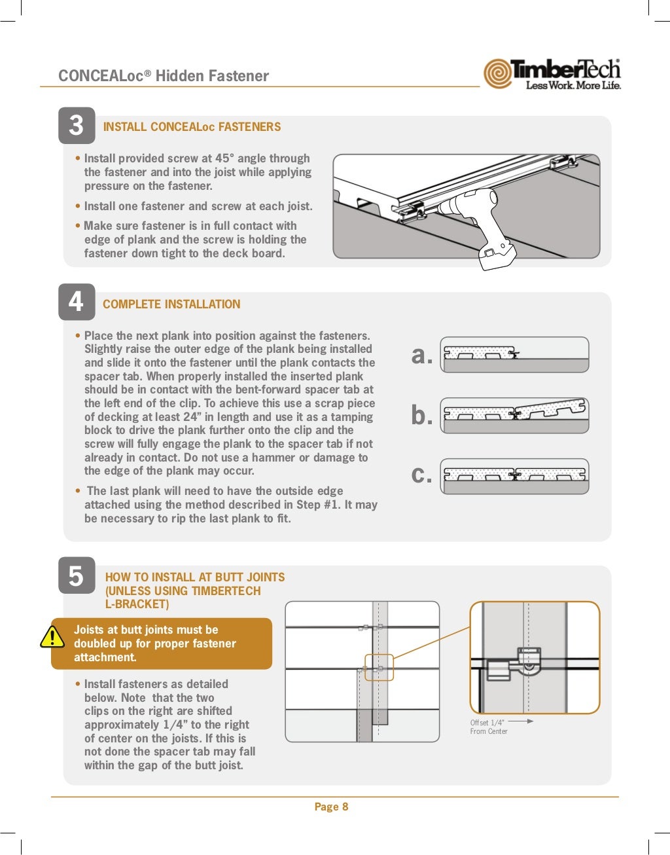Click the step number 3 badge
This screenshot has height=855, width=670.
(x=77, y=126)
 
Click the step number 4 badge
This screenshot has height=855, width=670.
(x=77, y=302)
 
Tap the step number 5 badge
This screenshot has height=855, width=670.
(x=77, y=576)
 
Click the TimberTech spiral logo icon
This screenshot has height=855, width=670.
(x=498, y=73)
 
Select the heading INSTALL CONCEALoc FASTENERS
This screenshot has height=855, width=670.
(x=192, y=127)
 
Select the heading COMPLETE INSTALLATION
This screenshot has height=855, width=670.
(x=171, y=304)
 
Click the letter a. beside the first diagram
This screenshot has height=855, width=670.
(x=422, y=355)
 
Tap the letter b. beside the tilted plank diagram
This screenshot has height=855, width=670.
(x=422, y=415)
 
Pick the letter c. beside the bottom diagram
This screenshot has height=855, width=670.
(x=422, y=475)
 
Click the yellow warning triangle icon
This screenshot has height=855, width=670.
(x=52, y=637)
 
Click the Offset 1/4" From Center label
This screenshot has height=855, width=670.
(x=488, y=727)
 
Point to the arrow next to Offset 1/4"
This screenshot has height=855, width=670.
(x=521, y=721)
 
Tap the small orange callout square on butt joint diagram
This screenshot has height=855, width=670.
(x=379, y=668)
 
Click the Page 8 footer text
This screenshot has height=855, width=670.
(x=331, y=807)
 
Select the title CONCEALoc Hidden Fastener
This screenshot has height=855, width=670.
(x=164, y=76)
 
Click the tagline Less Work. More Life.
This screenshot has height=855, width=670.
(x=573, y=86)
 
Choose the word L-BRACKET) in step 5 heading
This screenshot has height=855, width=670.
(x=137, y=604)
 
